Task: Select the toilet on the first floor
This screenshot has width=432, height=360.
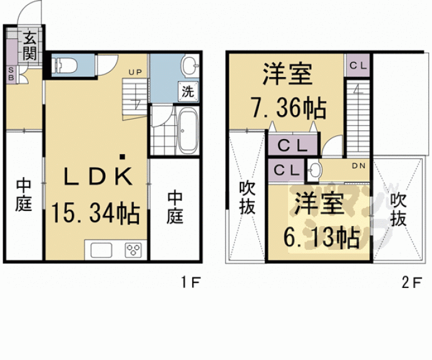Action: (65, 64)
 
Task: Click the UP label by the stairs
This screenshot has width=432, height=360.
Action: (136, 72)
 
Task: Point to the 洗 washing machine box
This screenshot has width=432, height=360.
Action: (187, 90)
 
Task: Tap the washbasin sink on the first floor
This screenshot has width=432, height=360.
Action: (190, 65)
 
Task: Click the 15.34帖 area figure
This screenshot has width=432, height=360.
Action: (96, 215)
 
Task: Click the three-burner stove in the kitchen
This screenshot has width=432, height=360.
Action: (133, 250)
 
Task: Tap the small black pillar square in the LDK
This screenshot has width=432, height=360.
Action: (123, 157)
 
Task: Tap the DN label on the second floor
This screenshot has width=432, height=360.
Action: (357, 166)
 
